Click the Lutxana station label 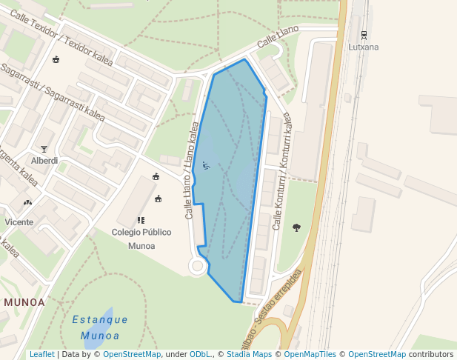point(364,47)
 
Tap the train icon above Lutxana point(364,35)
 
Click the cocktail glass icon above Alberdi point(44,149)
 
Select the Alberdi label point(44,161)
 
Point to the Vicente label point(19,221)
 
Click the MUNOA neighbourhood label point(24,302)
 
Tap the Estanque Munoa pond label point(101,327)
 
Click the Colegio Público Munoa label point(141,239)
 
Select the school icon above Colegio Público point(141,220)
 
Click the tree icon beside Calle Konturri point(297,227)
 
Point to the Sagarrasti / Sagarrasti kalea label point(53,92)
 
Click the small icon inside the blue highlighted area point(206,165)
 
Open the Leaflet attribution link point(41,354)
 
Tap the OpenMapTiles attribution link point(310,354)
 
